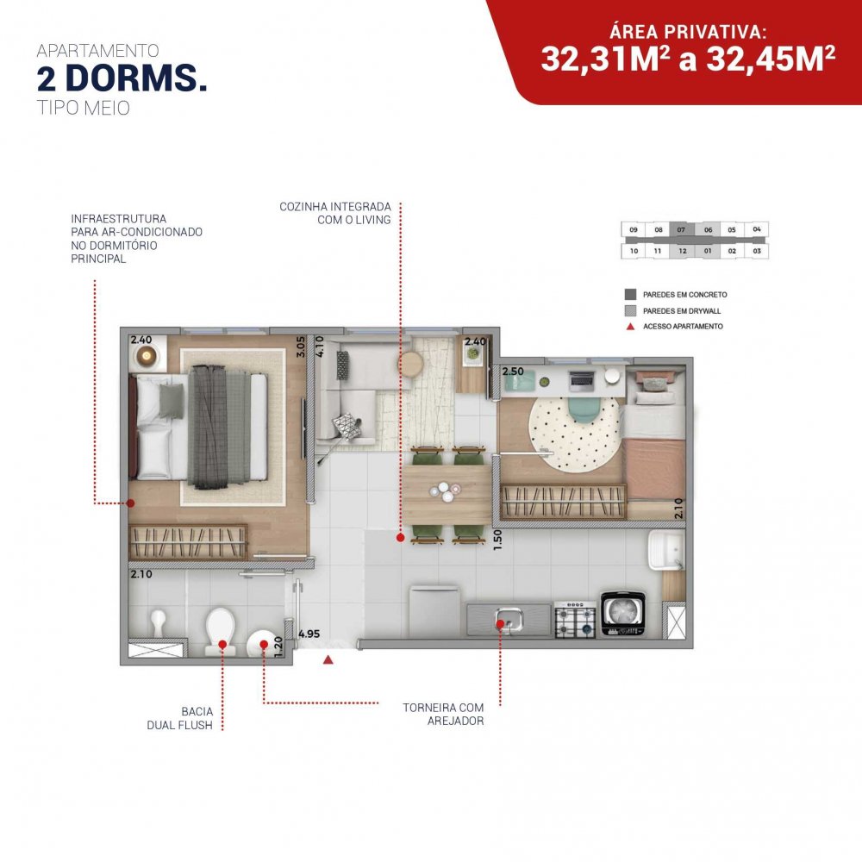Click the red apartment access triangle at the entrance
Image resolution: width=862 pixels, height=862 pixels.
click(x=328, y=659)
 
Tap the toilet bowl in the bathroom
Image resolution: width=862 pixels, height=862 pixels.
click(x=221, y=632)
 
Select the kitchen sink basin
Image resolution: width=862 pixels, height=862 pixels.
click(x=509, y=620)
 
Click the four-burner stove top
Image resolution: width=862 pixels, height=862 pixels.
click(x=575, y=620)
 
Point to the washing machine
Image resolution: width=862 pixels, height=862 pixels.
click(x=623, y=614)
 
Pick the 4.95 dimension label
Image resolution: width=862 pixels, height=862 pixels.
click(x=309, y=634)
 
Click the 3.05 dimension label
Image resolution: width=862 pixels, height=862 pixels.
click(x=300, y=347)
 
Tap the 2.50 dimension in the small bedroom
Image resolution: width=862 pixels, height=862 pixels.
click(x=513, y=372)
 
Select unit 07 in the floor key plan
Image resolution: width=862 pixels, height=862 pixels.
click(x=682, y=230)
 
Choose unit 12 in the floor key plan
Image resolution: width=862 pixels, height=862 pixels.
click(x=682, y=251)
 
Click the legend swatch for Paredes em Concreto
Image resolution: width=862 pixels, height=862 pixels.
click(x=631, y=295)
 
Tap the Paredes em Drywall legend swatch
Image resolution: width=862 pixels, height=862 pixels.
click(x=631, y=310)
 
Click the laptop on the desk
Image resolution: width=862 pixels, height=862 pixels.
click(x=582, y=379)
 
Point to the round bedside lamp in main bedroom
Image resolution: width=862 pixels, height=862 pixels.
click(x=147, y=356)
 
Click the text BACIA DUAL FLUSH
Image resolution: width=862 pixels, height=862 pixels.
click(x=180, y=718)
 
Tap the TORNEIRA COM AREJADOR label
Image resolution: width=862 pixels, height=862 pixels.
click(x=443, y=714)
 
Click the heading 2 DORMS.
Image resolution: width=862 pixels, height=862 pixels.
click(x=122, y=78)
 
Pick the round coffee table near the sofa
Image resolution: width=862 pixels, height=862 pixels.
click(x=410, y=363)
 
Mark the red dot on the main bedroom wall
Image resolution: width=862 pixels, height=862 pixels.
click(x=130, y=503)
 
